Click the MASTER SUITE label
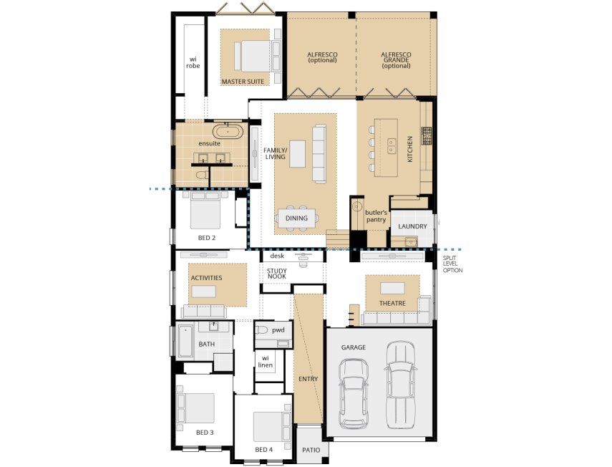(x=242, y=82)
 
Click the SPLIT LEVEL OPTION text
(x=453, y=264)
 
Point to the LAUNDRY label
(x=413, y=226)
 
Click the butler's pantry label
(x=376, y=216)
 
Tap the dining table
(x=297, y=218)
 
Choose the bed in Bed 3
(x=197, y=408)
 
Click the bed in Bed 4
(x=271, y=425)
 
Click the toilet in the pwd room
(x=262, y=330)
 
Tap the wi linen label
(x=265, y=361)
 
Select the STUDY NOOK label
(x=277, y=274)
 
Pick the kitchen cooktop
(x=427, y=135)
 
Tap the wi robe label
(x=193, y=62)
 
